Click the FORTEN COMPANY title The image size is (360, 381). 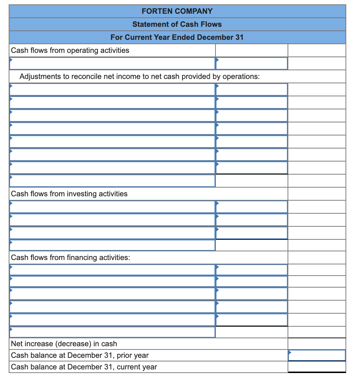pos(177,11)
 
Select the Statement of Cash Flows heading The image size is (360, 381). pos(177,24)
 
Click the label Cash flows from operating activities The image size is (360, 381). pos(70,50)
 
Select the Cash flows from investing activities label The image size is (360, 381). pos(70,194)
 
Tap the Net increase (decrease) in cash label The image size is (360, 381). pos(64,343)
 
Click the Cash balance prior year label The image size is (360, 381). pos(80,355)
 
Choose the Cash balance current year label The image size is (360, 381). pos(84,367)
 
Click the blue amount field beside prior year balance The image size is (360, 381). pos(317,355)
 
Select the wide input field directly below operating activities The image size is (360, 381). pos(112,63)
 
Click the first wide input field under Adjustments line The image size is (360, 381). pos(112,89)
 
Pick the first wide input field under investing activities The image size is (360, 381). pos(112,207)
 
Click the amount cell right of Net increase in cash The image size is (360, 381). pos(317,343)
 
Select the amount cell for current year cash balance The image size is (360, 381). pos(317,367)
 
